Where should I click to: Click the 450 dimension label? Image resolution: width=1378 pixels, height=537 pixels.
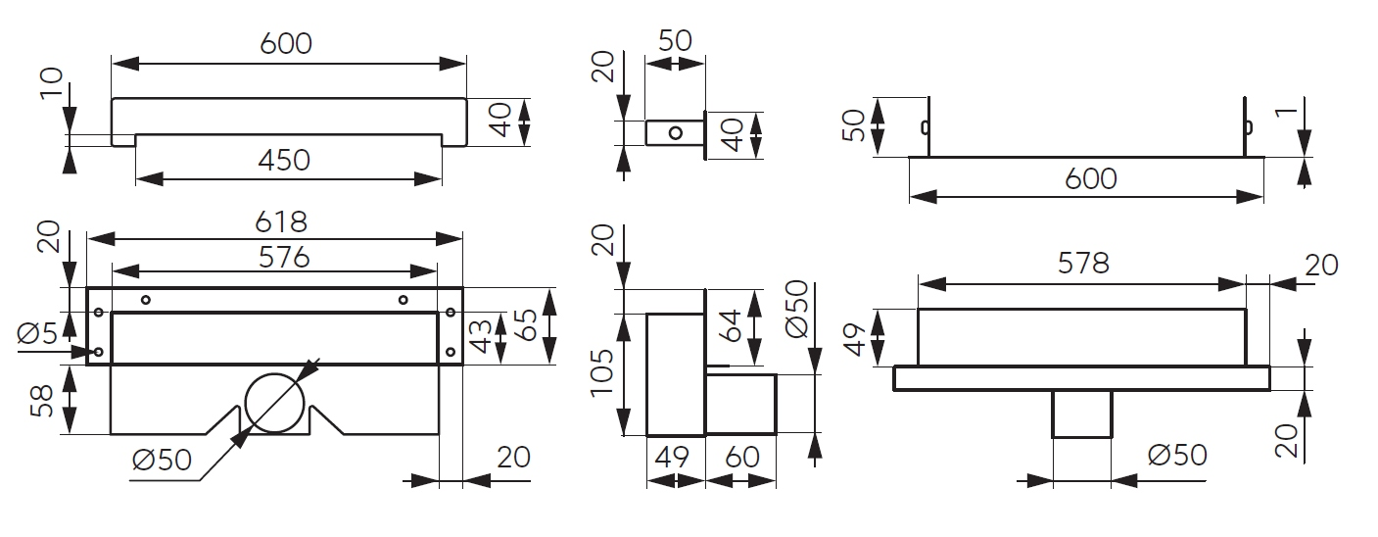point(284,160)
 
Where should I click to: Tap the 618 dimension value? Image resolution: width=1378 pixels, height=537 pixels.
point(282,222)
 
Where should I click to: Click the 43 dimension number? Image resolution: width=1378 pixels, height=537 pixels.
point(480,337)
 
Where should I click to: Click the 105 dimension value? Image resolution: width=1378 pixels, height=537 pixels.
point(603,378)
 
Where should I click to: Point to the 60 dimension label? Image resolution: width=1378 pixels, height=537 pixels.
point(741,458)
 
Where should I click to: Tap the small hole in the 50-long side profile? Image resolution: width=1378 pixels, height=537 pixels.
point(675,132)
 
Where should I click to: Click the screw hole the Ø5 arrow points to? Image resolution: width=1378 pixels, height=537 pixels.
point(99,352)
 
